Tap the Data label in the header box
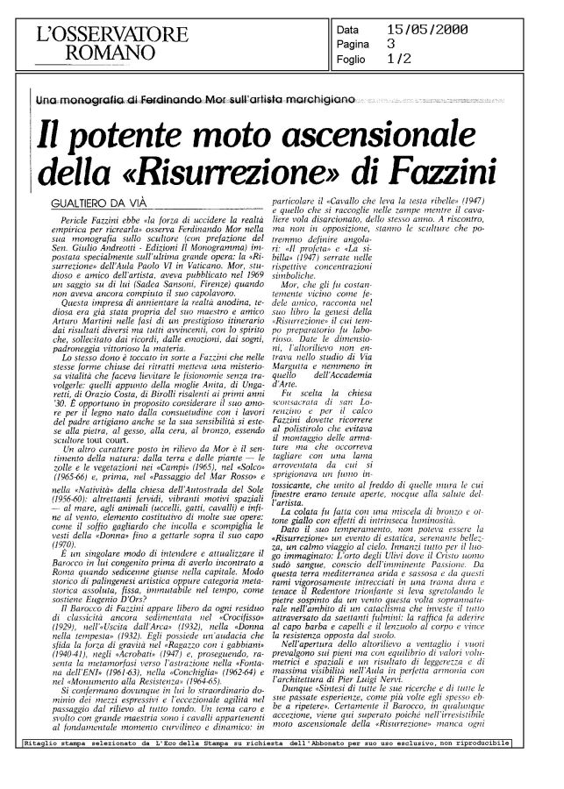(x=350, y=31)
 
